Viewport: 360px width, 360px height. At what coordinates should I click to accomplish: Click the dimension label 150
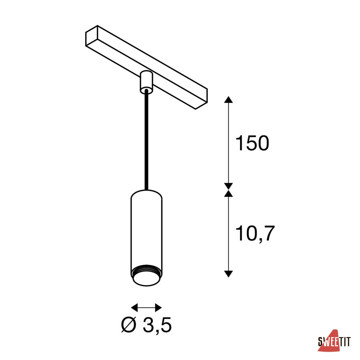252,143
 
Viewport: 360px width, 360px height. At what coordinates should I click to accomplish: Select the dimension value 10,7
255,234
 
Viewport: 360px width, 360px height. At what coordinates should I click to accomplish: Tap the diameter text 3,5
157,325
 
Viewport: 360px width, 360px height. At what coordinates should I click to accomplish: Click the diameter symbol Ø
129,325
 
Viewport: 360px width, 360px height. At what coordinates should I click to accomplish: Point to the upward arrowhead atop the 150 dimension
228,100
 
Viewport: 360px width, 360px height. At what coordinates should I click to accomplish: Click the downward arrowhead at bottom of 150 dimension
228,186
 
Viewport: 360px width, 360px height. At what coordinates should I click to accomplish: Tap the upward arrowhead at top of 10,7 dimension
228,193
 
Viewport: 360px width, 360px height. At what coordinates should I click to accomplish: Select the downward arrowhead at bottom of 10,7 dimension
228,274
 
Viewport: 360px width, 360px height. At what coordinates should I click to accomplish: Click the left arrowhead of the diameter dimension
134,308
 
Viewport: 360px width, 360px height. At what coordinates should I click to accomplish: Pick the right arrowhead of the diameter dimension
158,308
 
